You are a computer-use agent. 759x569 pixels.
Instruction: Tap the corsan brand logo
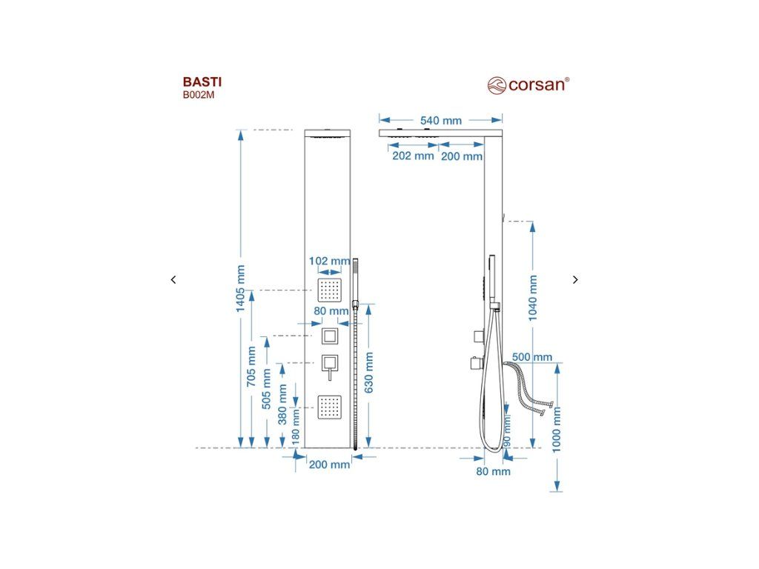528,84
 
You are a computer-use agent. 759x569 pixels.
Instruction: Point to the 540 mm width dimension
441,120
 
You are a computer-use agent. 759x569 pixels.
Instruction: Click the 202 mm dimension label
412,156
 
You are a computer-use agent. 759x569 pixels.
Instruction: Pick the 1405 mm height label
240,289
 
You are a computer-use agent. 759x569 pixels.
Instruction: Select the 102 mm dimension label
329,261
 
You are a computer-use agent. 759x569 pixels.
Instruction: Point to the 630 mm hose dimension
369,371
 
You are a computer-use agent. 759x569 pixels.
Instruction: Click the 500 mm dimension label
532,357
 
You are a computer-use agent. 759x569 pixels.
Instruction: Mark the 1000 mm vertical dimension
557,430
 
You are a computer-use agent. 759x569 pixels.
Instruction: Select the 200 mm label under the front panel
329,465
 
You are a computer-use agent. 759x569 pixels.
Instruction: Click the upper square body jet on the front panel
329,288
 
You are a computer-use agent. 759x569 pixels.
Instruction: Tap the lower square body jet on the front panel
329,405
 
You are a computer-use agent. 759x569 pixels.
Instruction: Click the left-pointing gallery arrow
173,279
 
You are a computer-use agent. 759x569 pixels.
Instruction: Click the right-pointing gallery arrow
575,279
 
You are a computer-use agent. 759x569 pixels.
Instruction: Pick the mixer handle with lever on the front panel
329,365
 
